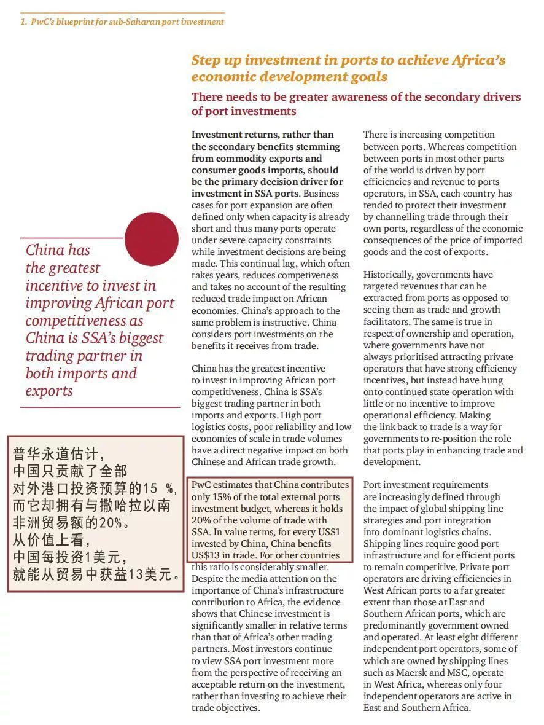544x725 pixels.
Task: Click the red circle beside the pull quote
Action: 152,239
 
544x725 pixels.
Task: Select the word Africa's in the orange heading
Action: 479,60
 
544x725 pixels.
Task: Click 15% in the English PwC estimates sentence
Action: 222,497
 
